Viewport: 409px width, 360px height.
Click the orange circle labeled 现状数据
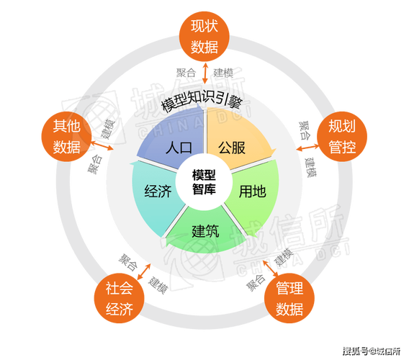(x=204, y=37)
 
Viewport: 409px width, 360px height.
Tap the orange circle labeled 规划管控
(x=342, y=136)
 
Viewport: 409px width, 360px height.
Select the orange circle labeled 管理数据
(x=289, y=298)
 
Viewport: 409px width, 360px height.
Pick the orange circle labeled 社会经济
(x=120, y=298)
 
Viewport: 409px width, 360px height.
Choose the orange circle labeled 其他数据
(x=66, y=136)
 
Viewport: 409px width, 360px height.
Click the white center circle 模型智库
(x=204, y=182)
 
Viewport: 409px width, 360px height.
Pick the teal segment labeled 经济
(x=156, y=193)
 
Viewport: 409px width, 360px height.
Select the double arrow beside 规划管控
(x=307, y=148)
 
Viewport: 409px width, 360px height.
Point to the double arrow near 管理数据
(x=271, y=268)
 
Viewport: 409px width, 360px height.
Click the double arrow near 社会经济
(x=144, y=271)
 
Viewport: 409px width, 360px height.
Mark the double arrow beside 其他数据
(x=102, y=145)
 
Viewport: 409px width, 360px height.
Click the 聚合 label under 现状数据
(x=186, y=73)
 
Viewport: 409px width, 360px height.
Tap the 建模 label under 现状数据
(x=223, y=73)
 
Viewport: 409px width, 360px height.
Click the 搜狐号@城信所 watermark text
(x=372, y=351)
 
